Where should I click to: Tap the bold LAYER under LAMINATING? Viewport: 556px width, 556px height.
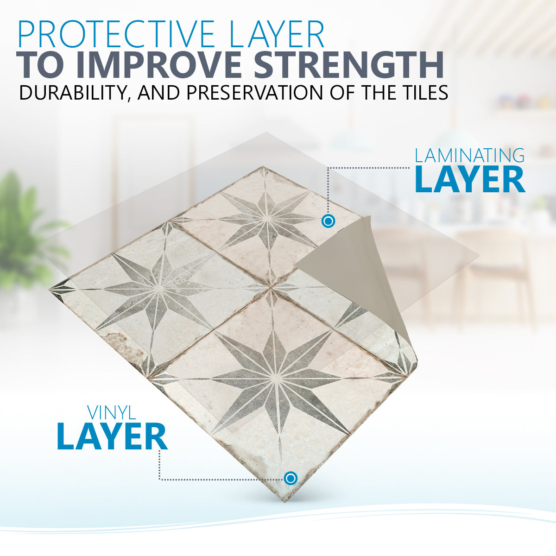tap(470, 180)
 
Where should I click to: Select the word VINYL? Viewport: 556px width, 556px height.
tap(112, 413)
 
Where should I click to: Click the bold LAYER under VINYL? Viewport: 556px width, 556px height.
tap(112, 437)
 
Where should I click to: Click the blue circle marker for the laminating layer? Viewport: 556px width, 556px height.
tap(328, 221)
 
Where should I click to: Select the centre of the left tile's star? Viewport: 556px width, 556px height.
tap(158, 288)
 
